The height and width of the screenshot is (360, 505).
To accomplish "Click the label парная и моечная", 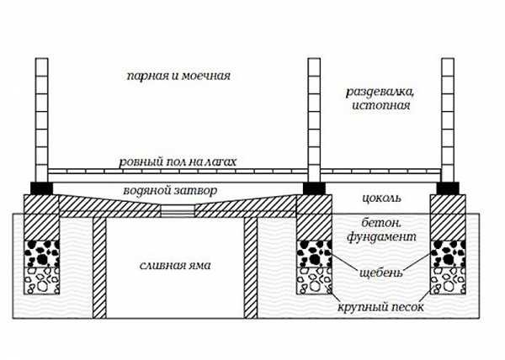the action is coord(178,77).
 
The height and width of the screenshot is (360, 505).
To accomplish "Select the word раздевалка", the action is coord(380,92).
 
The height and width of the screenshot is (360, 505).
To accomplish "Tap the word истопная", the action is coord(381,105).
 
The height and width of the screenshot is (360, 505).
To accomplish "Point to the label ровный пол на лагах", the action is coord(178,161).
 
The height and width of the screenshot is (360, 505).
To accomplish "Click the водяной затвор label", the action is coord(170,190).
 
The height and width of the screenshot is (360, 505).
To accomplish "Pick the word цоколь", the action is coord(381,198).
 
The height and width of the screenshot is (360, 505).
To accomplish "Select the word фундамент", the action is coord(381,237).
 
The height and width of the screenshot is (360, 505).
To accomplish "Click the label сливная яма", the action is coord(175,266).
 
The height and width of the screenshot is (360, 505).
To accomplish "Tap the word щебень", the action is coord(381,273).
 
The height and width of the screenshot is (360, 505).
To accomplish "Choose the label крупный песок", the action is coord(380,307).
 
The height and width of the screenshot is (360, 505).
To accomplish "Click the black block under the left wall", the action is coord(41,188).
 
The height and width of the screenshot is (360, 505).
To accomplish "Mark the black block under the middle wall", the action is coord(314,188).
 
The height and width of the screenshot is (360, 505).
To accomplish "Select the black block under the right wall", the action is coord(448,188).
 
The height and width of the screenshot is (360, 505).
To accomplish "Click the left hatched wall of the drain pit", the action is coord(99,267).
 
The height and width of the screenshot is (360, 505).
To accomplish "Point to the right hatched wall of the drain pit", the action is coord(251,267).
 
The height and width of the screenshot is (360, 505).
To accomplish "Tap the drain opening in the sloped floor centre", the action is coord(178,211).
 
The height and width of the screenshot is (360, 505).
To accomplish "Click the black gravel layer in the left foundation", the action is coord(42,253).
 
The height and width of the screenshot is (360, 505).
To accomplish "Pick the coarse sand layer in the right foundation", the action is coord(448,280).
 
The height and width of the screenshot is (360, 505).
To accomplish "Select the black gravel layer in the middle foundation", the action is coord(314,253).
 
